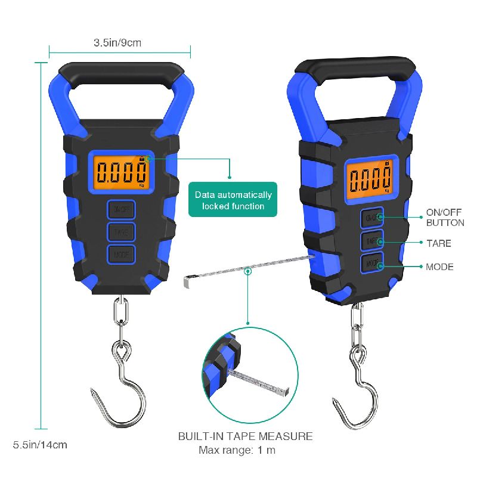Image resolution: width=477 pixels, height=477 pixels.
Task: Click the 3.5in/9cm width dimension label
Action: pos(117,42)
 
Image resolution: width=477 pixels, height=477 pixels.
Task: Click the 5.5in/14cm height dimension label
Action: pos(40,445)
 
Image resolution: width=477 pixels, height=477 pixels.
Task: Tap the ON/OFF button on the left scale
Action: pos(121,209)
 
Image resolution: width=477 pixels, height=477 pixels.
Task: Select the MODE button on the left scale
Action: pos(121,255)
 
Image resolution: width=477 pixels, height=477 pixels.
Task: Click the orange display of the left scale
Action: pos(122,172)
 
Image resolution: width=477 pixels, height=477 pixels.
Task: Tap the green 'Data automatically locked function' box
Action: pos(233,200)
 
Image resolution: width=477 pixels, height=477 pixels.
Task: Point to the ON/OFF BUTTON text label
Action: pos(445,217)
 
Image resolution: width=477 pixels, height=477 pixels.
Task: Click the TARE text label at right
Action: pos(438,243)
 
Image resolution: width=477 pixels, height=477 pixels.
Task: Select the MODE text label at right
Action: pos(439,267)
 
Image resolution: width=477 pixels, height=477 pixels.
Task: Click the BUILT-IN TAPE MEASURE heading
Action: pos(245,436)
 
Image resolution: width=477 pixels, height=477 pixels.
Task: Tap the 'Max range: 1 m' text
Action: pos(237,450)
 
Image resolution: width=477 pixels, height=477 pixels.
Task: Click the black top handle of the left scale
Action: pos(121,75)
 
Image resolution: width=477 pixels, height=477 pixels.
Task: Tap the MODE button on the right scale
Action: pos(371,262)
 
